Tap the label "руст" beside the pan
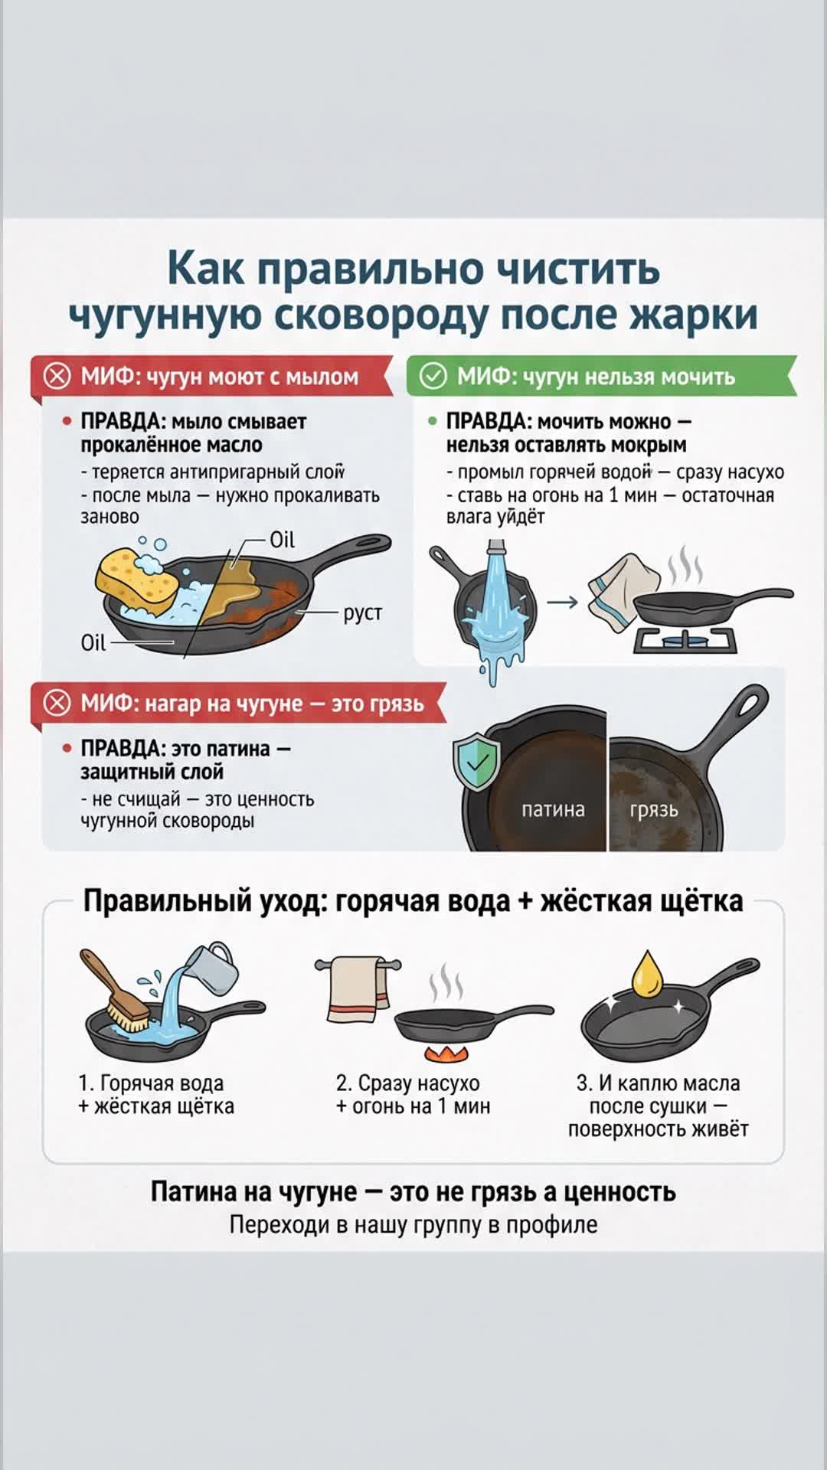362,613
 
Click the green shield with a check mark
476,761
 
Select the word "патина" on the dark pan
553,810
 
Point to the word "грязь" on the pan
654,810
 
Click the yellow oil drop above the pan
647,975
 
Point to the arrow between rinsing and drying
562,603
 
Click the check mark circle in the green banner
433,376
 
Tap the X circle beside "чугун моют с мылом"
57,376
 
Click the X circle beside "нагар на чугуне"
57,703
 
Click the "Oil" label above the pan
282,541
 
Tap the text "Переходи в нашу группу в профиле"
413,1225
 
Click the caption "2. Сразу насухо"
407,1083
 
